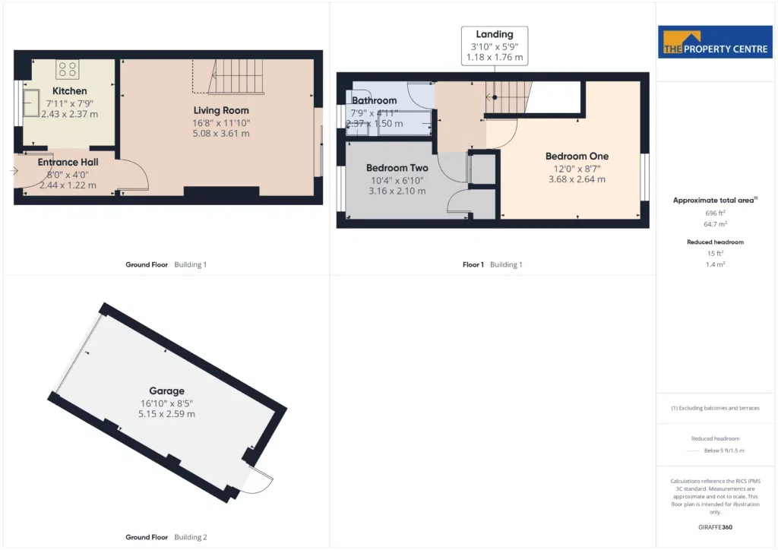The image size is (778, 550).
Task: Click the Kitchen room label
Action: pyautogui.click(x=69, y=91)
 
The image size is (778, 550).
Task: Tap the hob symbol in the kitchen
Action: pyautogui.click(x=68, y=69)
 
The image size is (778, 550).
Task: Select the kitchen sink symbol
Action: pyautogui.click(x=30, y=103)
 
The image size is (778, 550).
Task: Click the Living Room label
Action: pyautogui.click(x=221, y=111)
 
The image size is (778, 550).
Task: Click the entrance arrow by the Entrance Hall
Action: pyautogui.click(x=14, y=171)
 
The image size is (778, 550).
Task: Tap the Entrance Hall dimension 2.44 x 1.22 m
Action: pyautogui.click(x=68, y=185)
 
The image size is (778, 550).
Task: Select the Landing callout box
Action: pyautogui.click(x=495, y=46)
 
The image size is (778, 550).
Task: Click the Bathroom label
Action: pyautogui.click(x=374, y=101)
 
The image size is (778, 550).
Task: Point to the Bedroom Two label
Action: pyautogui.click(x=397, y=168)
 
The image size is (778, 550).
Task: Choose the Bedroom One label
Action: pyautogui.click(x=577, y=156)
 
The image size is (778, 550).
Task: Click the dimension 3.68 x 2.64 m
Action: pyautogui.click(x=577, y=179)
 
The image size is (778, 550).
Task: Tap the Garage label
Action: pyautogui.click(x=166, y=390)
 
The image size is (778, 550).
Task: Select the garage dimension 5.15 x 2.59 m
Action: pyautogui.click(x=166, y=414)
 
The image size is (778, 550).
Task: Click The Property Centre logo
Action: pyautogui.click(x=715, y=42)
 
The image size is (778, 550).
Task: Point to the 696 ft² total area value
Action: pyautogui.click(x=715, y=213)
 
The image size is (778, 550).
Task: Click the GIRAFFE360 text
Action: pyautogui.click(x=715, y=527)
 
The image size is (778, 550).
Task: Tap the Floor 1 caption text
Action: pyautogui.click(x=473, y=265)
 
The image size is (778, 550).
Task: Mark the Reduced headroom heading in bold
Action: pyautogui.click(x=715, y=242)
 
